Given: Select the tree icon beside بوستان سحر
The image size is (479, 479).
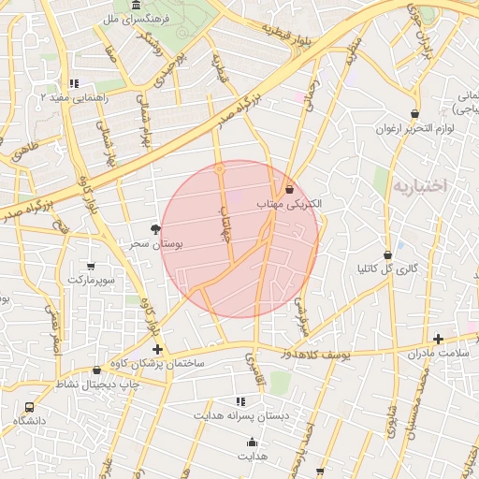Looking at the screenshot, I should [x=154, y=229].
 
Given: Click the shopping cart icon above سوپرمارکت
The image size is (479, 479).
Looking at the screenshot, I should [x=90, y=266].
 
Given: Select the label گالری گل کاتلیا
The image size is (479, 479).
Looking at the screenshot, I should [x=387, y=269].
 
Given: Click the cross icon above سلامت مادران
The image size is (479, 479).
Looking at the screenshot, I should [x=438, y=339].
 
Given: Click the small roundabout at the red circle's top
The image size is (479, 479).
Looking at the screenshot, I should [x=219, y=169].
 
